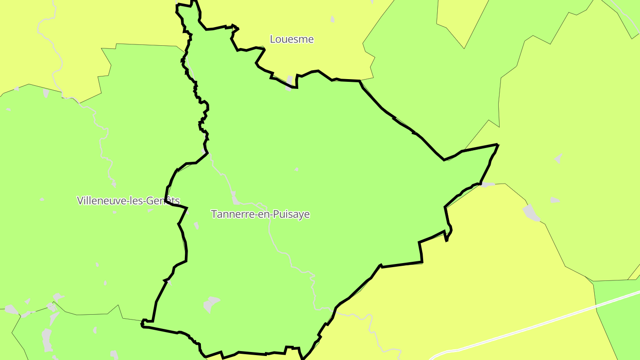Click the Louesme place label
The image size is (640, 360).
tap(292, 39)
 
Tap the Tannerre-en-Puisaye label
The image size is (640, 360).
tap(260, 214)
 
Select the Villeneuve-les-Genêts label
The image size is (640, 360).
tap(128, 200)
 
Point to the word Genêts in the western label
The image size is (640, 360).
tap(165, 200)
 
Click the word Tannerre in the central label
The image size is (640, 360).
tap(229, 214)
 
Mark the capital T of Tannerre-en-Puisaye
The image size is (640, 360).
tap(214, 214)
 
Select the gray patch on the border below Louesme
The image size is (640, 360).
tap(290, 82)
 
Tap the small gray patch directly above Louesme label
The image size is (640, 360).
tap(332, 19)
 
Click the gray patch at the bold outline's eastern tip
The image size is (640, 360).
tap(488, 184)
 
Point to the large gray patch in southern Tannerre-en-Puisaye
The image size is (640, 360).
tap(211, 304)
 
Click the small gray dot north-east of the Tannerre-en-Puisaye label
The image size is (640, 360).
tap(296, 169)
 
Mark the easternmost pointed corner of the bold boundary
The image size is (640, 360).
tap(497, 144)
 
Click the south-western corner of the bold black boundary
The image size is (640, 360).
tap(143, 324)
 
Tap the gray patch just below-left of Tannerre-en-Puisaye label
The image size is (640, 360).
tap(196, 225)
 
